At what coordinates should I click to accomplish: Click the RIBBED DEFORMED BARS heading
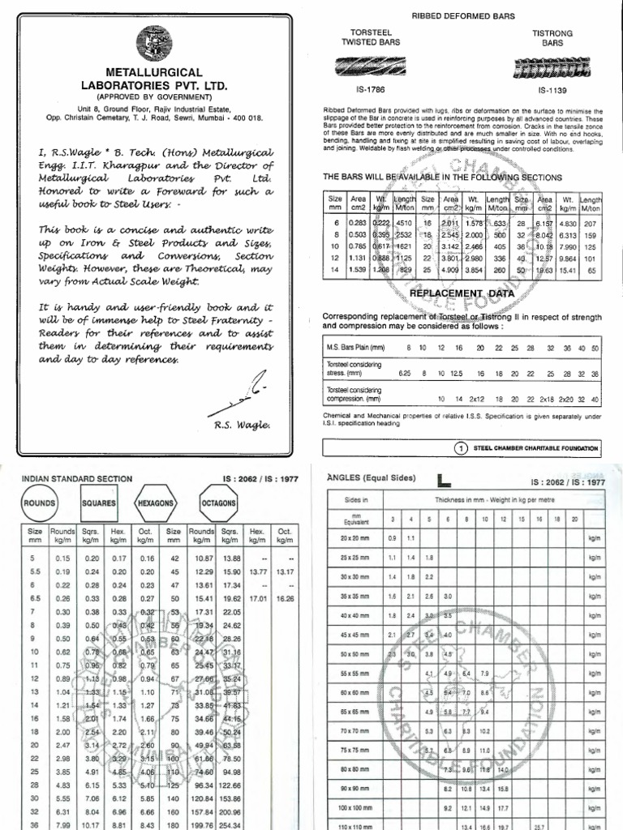pyautogui.click(x=463, y=16)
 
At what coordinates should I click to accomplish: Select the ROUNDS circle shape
pyautogui.click(x=39, y=503)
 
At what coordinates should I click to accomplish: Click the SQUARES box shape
pyautogui.click(x=99, y=503)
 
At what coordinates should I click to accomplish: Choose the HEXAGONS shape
pyautogui.click(x=155, y=503)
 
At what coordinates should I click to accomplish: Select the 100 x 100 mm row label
pyautogui.click(x=356, y=808)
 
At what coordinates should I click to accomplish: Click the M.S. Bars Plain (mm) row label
pyautogui.click(x=354, y=348)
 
